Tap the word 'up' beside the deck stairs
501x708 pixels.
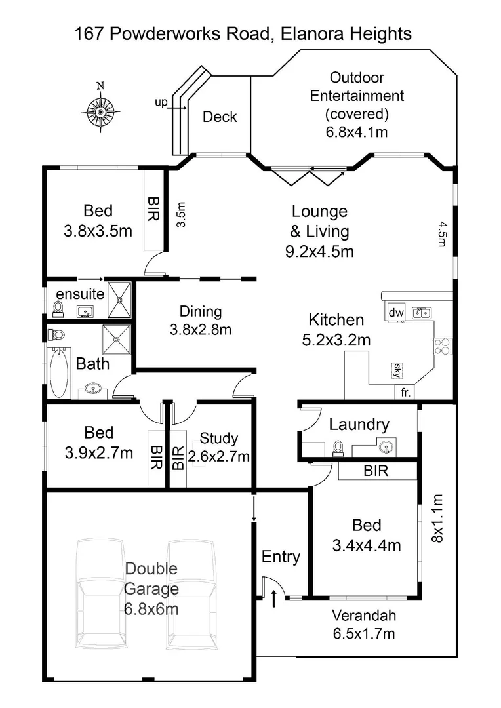click(161, 102)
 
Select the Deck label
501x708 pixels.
click(220, 117)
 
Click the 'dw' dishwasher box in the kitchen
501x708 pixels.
click(395, 313)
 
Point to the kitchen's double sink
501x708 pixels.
click(421, 313)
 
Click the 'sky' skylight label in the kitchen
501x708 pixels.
click(396, 370)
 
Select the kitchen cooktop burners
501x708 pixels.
click(442, 345)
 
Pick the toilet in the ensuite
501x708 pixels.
click(58, 308)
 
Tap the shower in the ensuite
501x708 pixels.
click(119, 300)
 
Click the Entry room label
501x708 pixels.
click(281, 557)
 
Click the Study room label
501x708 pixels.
click(219, 439)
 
